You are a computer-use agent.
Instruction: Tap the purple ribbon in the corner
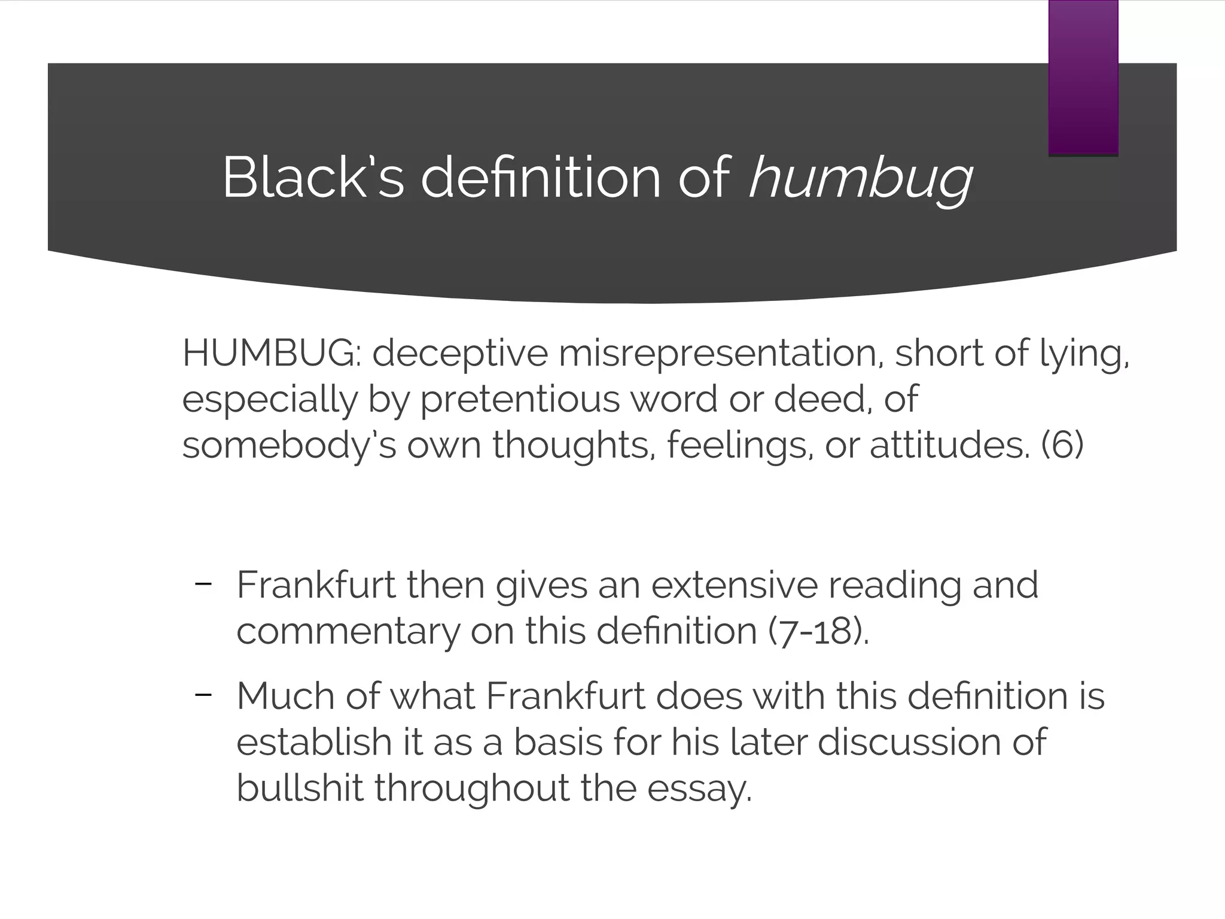(1083, 78)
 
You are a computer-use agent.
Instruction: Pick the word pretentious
(520, 400)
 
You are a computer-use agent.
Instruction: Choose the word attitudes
(950, 446)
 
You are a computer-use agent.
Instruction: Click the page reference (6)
(1062, 446)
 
